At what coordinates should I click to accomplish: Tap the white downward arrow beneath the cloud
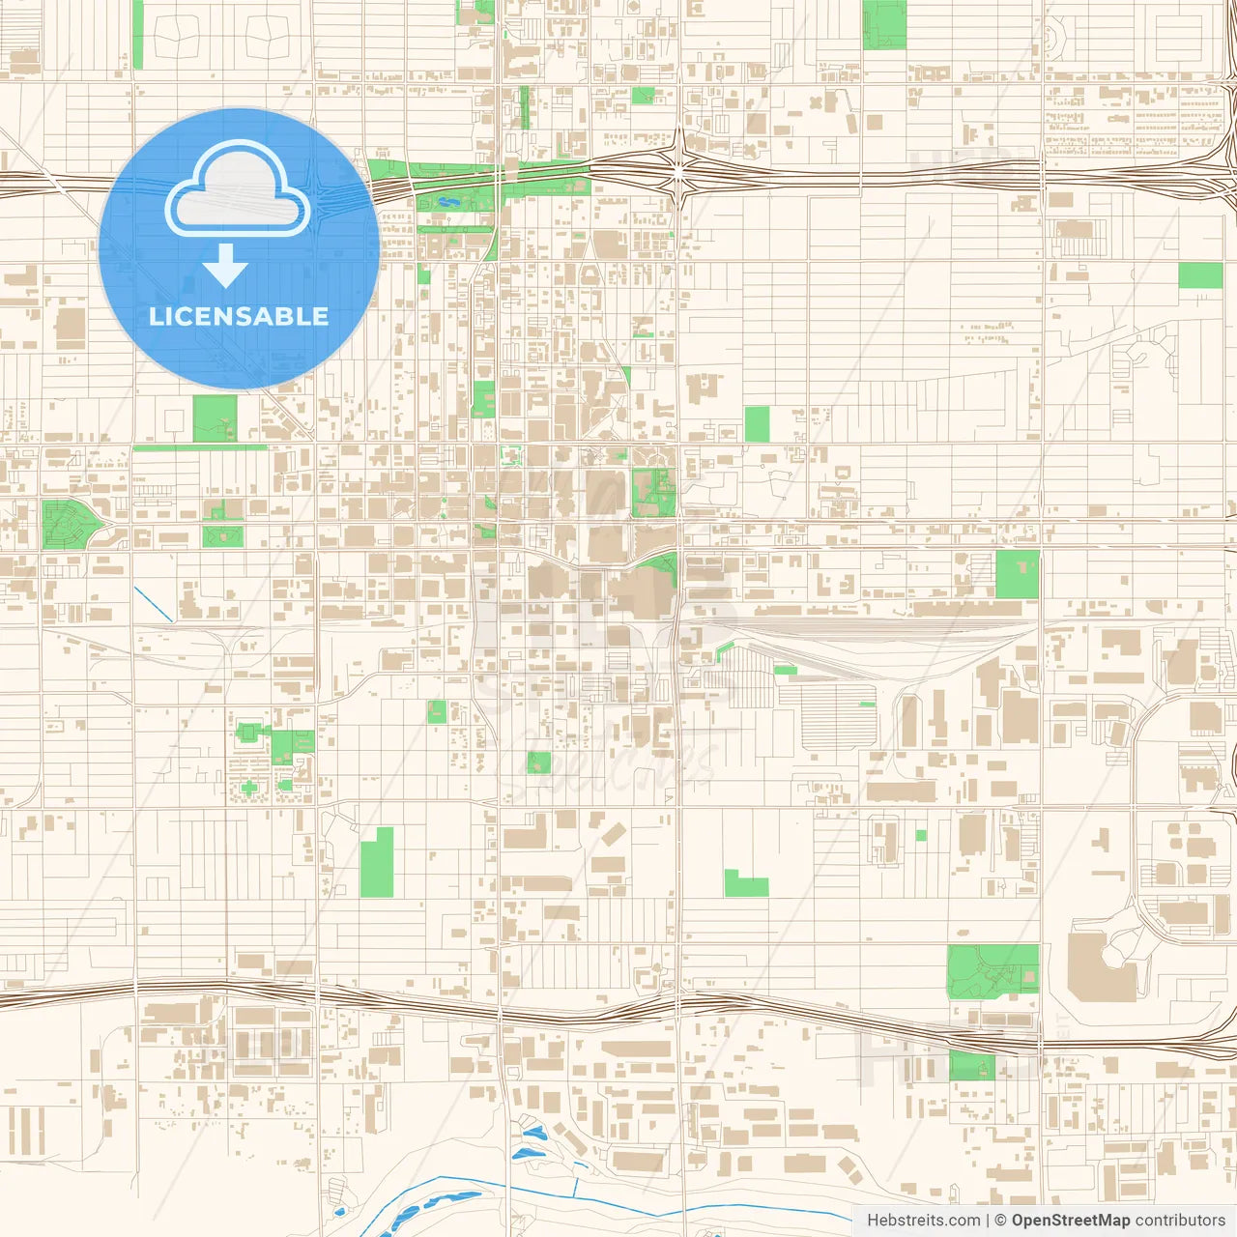point(226,266)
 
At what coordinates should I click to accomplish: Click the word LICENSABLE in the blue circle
point(239,316)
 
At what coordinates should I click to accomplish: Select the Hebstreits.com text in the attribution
point(923,1221)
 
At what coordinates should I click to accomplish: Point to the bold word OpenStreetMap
point(1070,1221)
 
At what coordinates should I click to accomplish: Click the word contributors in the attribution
point(1179,1221)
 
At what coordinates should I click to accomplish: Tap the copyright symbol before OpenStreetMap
point(1000,1221)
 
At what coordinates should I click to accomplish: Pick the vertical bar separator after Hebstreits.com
point(988,1221)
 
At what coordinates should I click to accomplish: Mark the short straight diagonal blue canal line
point(154,604)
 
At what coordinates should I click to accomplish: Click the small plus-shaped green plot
point(249,789)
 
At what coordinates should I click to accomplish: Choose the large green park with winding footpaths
point(992,969)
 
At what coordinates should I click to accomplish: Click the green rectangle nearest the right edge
point(1200,276)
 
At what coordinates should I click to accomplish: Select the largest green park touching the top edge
point(884,24)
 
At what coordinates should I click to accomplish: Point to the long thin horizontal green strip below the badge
point(199,447)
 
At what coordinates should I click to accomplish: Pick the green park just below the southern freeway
point(971,1066)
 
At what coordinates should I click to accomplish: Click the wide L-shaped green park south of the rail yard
point(745,883)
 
